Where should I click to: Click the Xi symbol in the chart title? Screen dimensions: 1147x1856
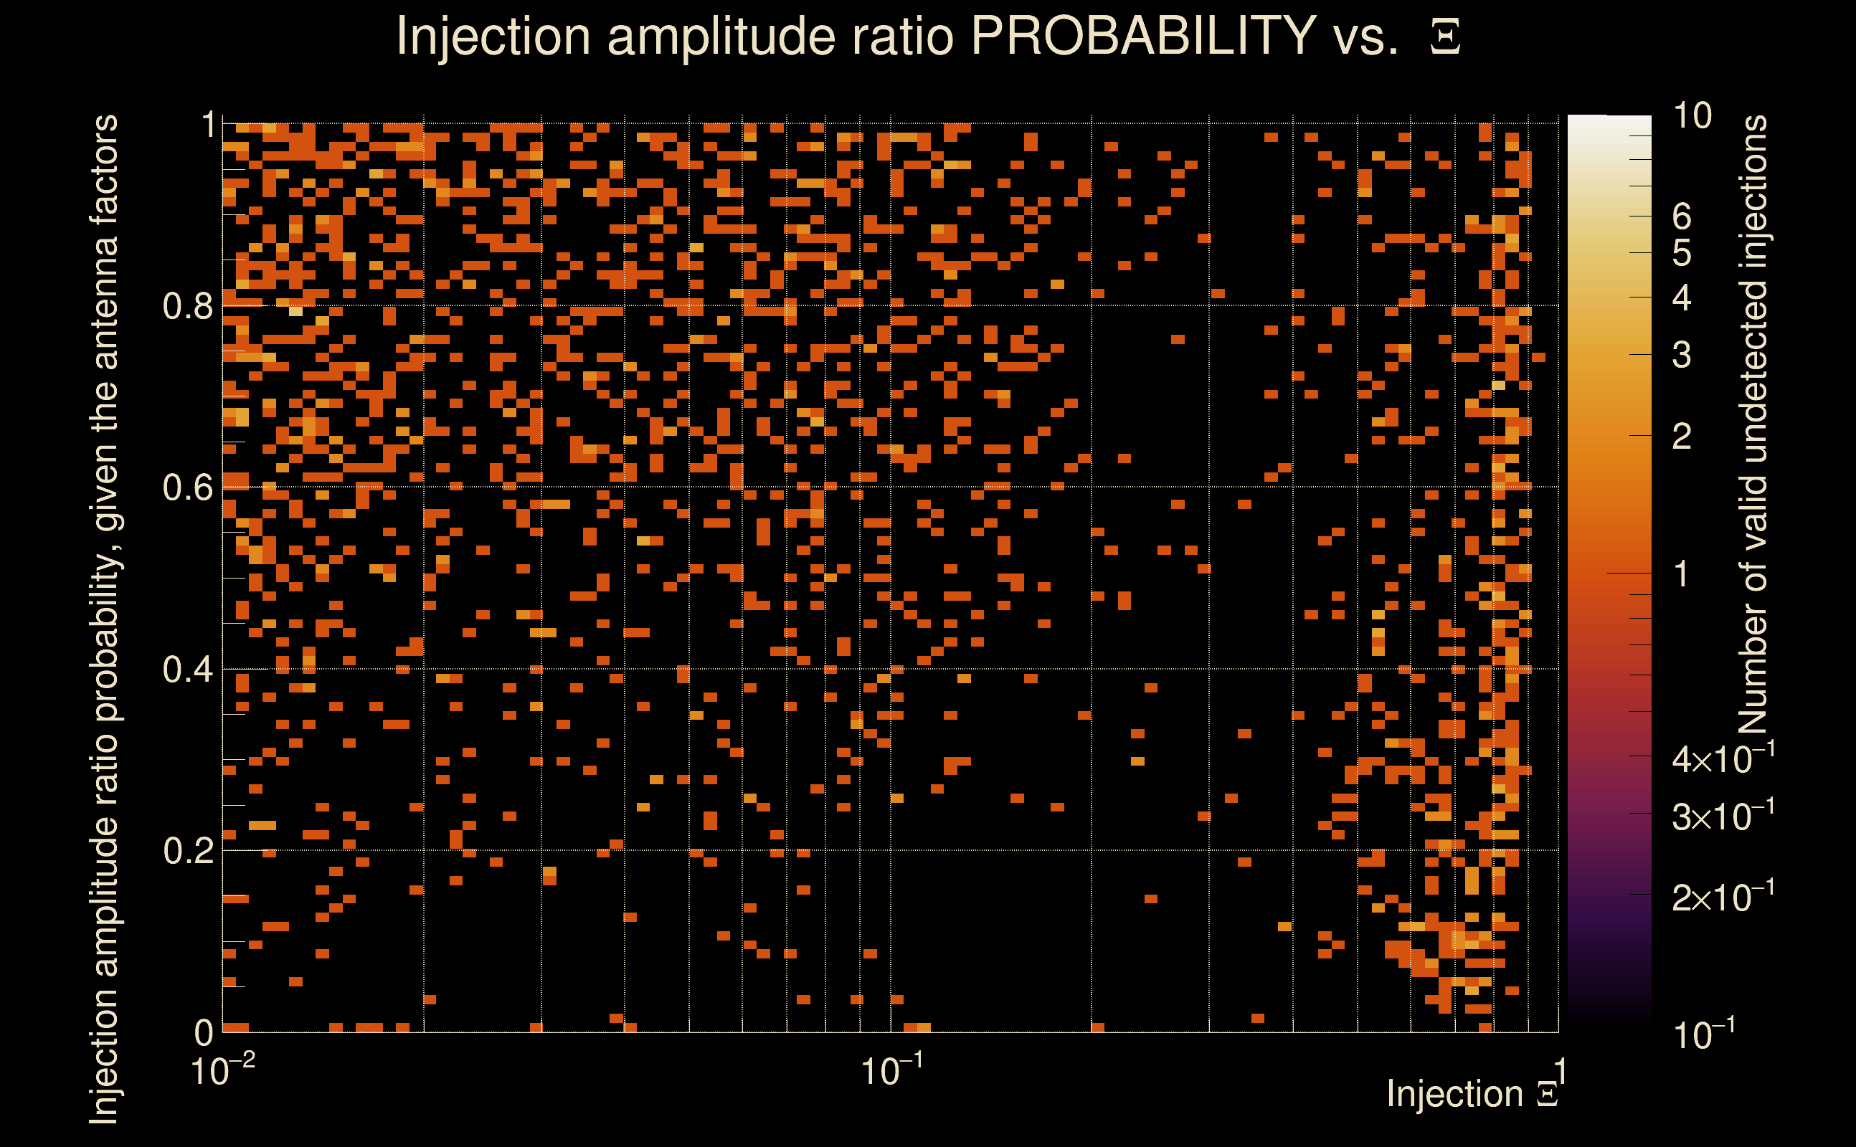pos(1445,37)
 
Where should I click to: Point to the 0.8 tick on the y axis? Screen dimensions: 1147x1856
pos(187,307)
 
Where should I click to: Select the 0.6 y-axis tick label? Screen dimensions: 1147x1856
pos(187,487)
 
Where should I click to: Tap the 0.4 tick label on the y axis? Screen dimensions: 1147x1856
pos(187,670)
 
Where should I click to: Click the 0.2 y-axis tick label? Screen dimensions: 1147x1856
pos(187,851)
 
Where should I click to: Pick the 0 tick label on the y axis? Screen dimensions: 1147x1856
pos(204,1032)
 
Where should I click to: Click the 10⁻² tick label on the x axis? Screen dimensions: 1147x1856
pos(222,1071)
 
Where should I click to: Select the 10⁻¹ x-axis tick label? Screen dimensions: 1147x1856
pos(891,1071)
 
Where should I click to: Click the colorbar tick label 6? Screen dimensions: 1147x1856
pos(1682,217)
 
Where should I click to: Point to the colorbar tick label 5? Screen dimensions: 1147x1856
pos(1682,253)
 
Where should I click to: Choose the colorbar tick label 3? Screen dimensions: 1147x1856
pos(1682,355)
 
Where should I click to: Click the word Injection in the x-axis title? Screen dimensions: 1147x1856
pos(1454,1094)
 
